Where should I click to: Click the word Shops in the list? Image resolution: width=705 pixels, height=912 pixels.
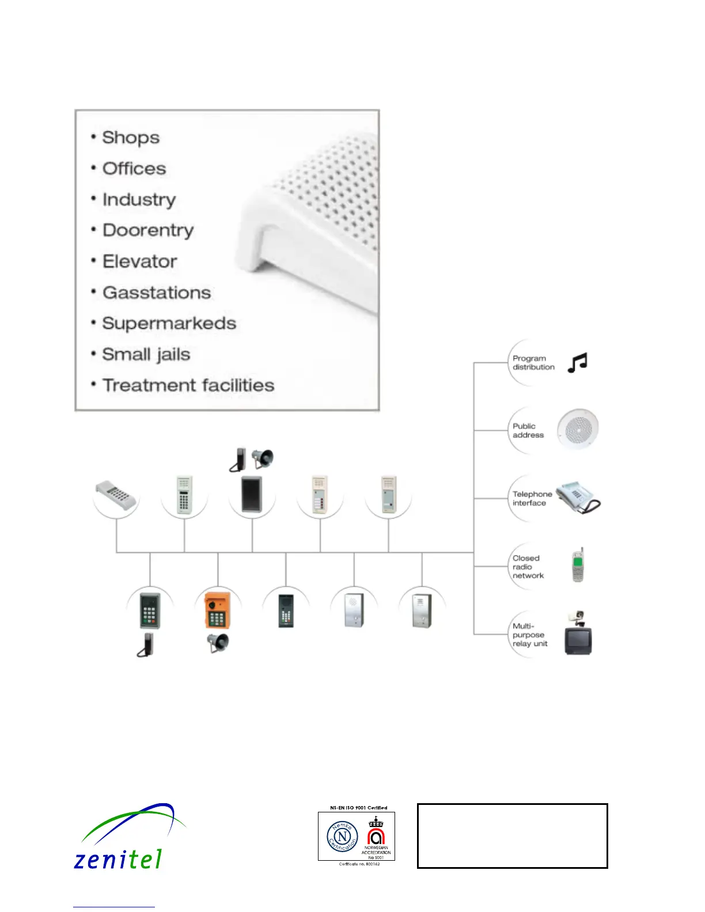coord(131,138)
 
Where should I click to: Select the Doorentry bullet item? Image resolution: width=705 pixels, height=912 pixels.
coord(148,230)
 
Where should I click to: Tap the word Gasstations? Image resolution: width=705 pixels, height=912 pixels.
coord(157,292)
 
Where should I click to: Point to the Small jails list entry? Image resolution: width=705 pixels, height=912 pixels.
coord(146,355)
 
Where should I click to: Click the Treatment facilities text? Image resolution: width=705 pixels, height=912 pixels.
coord(188,385)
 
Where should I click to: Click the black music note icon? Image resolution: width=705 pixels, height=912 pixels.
coord(577,363)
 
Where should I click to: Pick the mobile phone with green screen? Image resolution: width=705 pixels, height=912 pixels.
coord(578,565)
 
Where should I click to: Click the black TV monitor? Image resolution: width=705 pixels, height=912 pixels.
coord(578,640)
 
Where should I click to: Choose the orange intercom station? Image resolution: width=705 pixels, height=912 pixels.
coord(217,610)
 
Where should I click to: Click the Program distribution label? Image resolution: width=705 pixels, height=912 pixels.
coord(533,363)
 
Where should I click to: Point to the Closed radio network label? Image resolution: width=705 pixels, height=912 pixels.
coord(528,567)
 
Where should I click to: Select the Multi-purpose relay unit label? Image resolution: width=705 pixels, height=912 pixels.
coord(530,635)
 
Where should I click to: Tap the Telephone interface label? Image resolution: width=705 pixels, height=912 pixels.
coord(532,499)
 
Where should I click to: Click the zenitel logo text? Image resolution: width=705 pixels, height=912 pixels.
coord(118,860)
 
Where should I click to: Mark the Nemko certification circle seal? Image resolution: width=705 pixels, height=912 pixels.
coord(343,837)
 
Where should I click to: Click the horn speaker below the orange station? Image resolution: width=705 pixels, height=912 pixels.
coord(218,643)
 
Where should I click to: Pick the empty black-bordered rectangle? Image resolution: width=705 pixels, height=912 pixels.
coord(512,836)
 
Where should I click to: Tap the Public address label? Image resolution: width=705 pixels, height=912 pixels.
coord(528,431)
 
